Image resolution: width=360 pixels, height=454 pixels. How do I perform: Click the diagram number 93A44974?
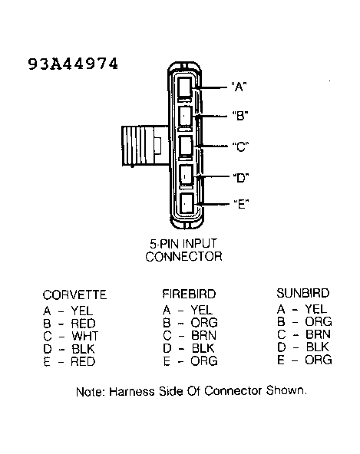pos(73,64)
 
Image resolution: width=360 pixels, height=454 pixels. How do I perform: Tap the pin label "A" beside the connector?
pos(239,87)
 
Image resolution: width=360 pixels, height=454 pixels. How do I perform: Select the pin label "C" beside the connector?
pos(240,146)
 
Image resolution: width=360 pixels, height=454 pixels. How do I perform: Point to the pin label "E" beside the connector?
pos(241,204)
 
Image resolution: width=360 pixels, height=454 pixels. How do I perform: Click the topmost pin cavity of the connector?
pos(185,87)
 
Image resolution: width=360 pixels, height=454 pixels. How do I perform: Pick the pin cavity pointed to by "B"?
pos(185,116)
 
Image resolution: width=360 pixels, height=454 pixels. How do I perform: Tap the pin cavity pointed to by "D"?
pos(186,175)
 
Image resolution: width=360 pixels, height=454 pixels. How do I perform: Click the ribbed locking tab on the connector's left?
pos(144,146)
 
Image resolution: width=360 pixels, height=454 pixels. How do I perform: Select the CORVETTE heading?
pos(74,295)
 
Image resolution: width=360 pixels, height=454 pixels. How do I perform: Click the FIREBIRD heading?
pos(189,294)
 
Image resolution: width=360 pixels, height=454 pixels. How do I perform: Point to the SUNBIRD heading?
pos(303,293)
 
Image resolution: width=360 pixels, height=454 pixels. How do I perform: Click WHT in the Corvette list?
pos(85,336)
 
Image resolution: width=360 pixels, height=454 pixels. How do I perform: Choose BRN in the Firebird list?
pos(203,335)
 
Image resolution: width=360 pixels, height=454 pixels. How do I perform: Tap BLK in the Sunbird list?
pos(317,347)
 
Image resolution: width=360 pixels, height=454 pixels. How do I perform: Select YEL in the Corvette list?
pos(82,311)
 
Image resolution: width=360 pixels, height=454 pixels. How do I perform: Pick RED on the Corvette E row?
pos(83,362)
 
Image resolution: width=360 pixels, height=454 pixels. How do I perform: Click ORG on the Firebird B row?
pos(204,323)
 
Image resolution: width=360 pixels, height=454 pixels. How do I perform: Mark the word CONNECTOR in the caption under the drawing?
pos(183,257)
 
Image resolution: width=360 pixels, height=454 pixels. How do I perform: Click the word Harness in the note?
pos(132,392)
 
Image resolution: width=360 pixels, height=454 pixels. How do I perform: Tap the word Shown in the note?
pos(286,391)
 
